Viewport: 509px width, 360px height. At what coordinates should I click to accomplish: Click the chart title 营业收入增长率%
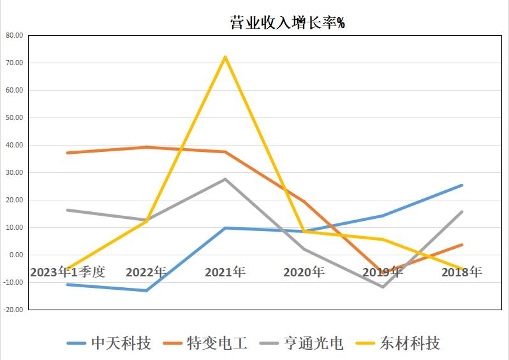tap(287, 23)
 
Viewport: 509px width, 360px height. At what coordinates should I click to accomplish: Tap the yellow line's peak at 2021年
tap(225, 57)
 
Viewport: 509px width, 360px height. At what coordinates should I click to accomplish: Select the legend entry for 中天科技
tap(109, 343)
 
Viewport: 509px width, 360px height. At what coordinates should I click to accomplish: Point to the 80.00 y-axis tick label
tap(14, 36)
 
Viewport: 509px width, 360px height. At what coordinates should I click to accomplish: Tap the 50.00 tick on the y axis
tap(14, 118)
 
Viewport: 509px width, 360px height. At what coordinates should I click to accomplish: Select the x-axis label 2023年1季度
tap(67, 272)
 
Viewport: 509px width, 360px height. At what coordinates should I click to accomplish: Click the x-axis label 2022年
tap(146, 272)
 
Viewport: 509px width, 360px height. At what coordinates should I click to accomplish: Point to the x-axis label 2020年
tap(304, 272)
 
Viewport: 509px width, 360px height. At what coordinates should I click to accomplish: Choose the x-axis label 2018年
tap(462, 272)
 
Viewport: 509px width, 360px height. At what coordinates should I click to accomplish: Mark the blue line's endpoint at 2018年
tap(462, 185)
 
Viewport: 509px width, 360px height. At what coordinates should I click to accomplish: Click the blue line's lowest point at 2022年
tap(146, 290)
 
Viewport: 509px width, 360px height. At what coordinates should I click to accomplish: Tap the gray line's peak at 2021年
tap(225, 179)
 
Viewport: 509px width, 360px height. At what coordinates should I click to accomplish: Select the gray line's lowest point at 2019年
tap(383, 287)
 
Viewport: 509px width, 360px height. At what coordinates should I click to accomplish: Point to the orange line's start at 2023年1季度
tap(67, 153)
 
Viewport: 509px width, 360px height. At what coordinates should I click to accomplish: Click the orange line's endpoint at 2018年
tap(462, 244)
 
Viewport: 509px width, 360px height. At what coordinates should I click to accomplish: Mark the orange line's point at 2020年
tap(304, 202)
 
